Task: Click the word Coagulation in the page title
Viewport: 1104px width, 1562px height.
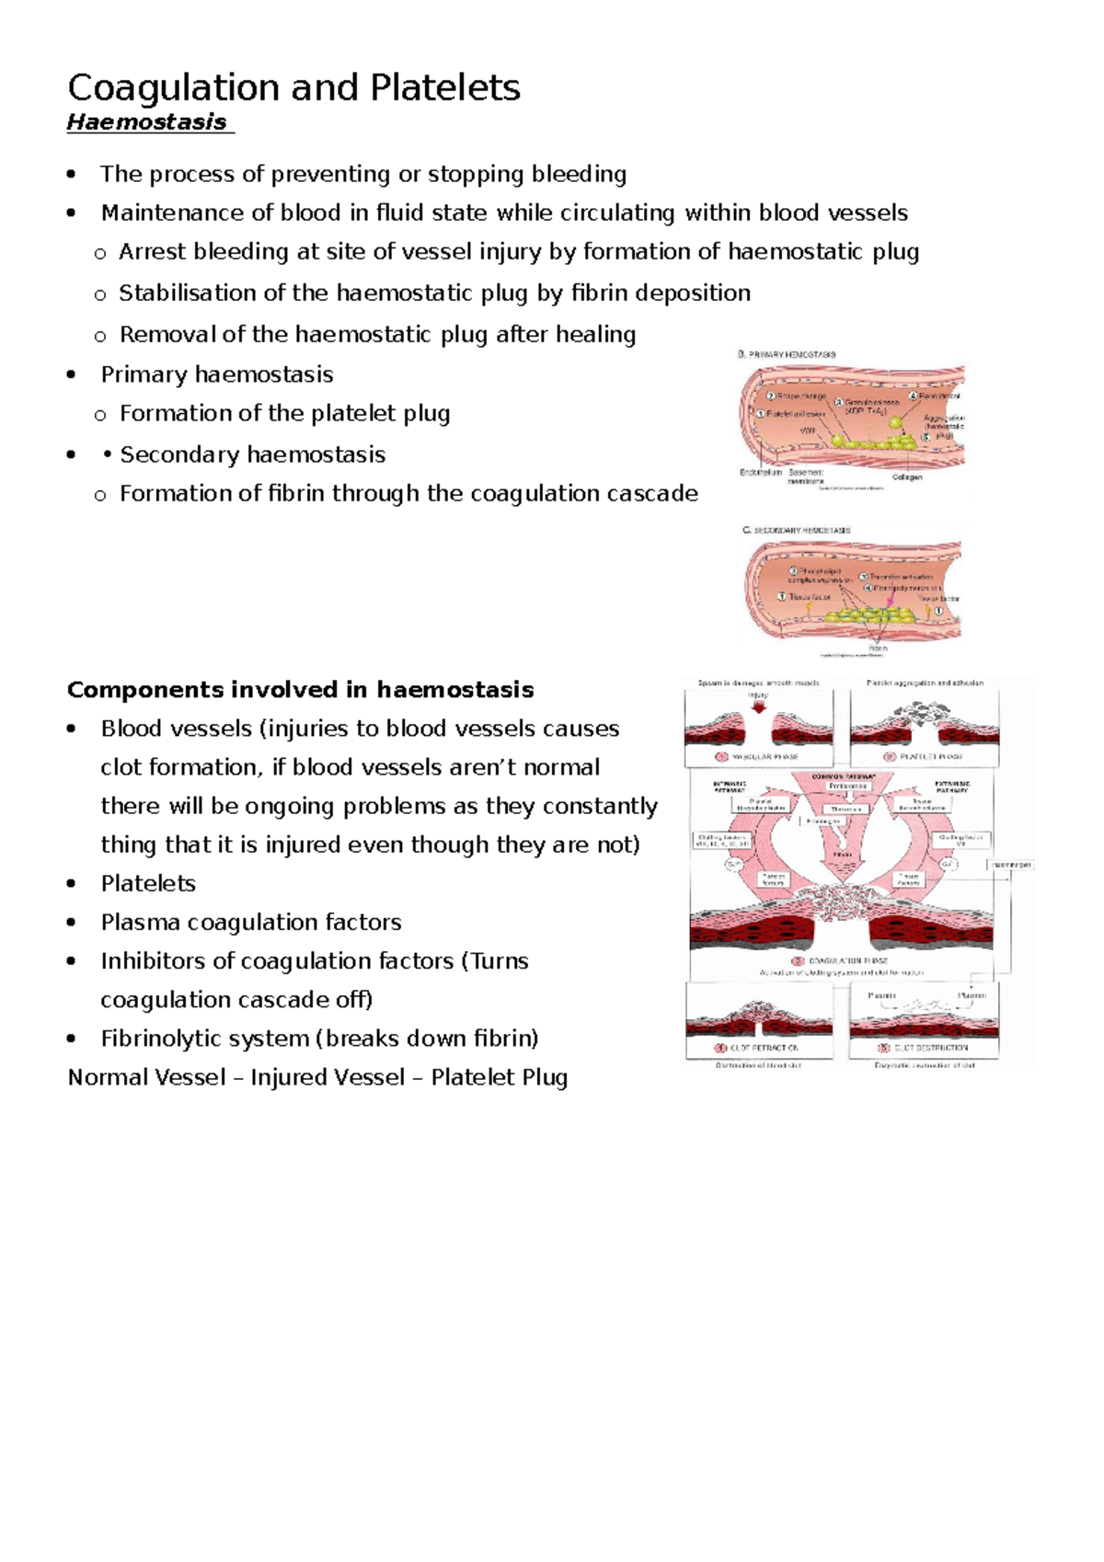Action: pos(175,88)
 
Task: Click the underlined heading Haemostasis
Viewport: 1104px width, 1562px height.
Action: pos(147,122)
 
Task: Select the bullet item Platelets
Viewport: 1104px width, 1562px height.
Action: pos(148,884)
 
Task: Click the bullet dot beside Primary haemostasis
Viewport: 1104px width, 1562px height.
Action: pos(72,374)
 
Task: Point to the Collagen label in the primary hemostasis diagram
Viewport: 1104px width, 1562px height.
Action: pos(907,477)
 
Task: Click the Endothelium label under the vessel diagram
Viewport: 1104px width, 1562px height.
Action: pos(760,473)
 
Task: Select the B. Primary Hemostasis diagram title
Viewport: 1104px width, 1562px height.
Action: pos(788,354)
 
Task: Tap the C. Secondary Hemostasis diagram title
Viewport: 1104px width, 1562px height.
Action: pos(797,531)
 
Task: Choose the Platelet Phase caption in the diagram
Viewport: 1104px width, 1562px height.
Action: pos(924,757)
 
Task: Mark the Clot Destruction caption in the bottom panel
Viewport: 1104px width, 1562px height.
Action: pos(924,1048)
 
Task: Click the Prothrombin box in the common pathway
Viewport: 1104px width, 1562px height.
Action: pos(847,787)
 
